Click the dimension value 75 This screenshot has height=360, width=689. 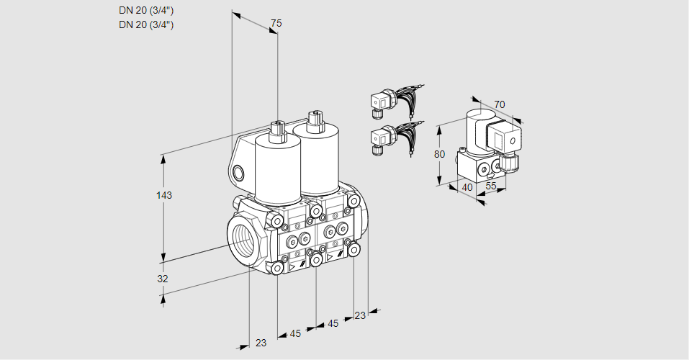point(276,23)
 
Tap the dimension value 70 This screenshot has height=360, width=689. point(500,104)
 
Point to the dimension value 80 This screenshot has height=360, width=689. point(441,153)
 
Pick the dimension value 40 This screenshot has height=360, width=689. point(467,188)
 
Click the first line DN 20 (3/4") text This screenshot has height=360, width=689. point(146,11)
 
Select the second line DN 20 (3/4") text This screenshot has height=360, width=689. point(146,24)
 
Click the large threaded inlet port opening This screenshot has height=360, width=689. point(241,238)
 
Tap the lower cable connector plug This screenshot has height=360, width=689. point(381,139)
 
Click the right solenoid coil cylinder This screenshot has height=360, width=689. point(317,158)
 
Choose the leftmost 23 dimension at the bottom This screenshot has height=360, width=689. point(261,343)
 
